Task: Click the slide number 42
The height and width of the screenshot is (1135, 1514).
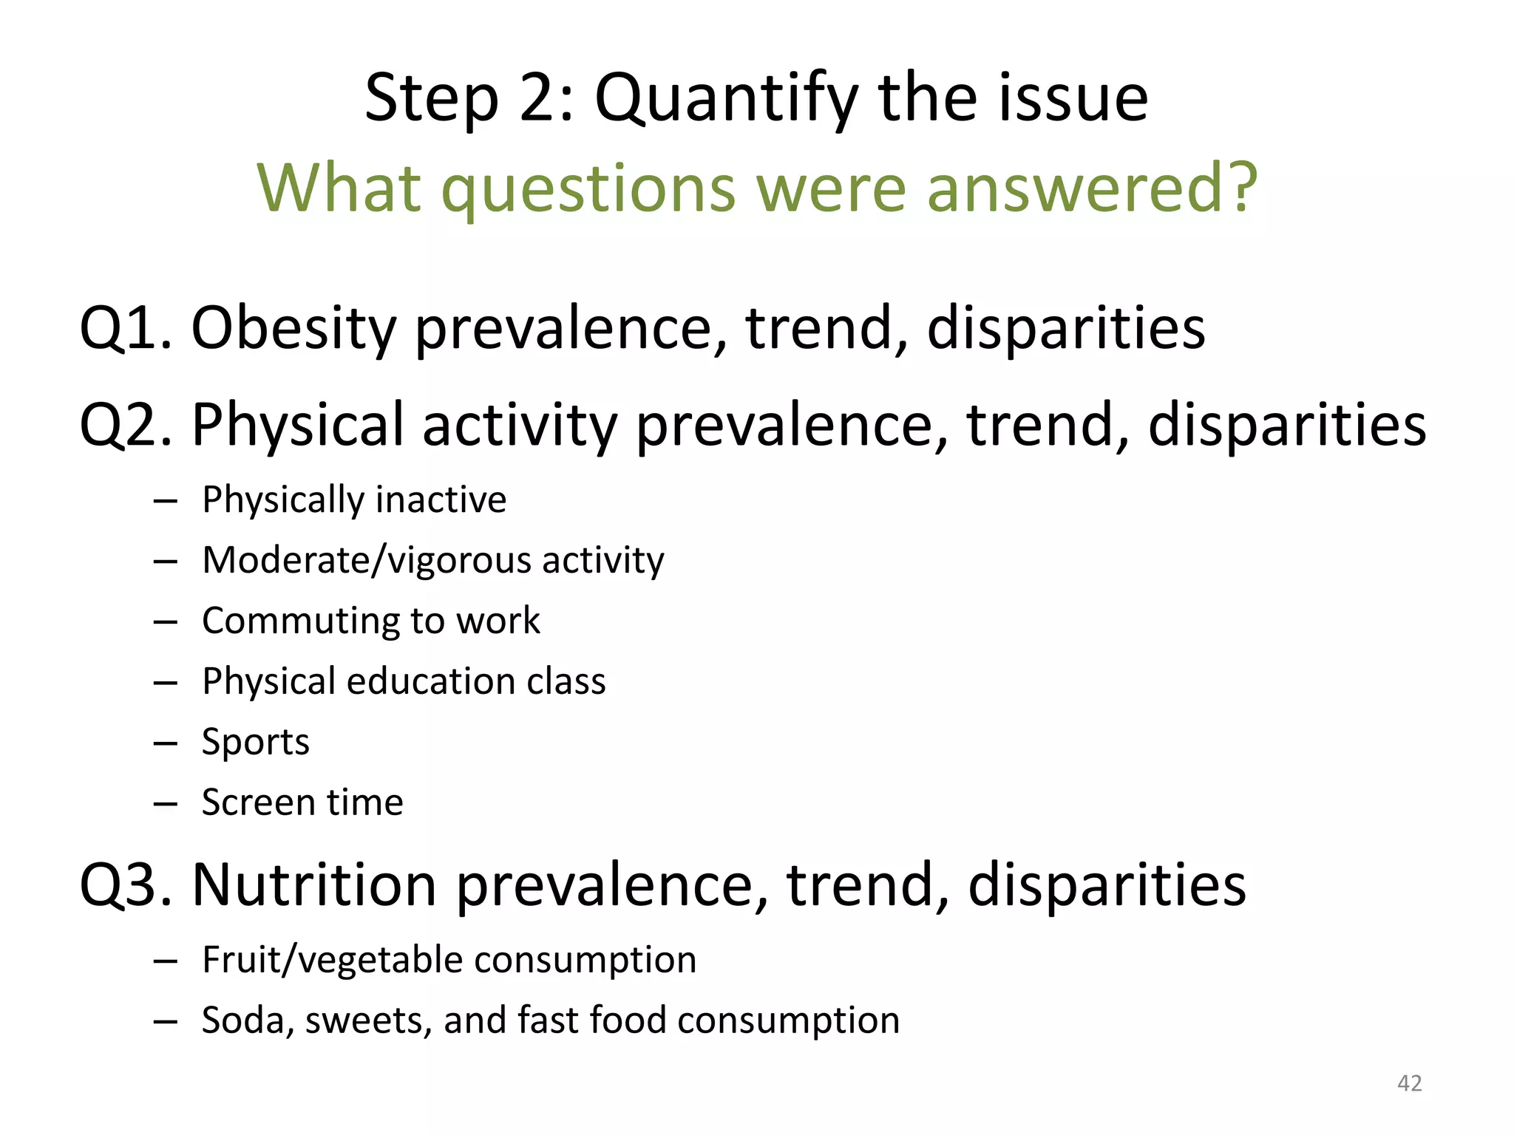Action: click(x=1409, y=1083)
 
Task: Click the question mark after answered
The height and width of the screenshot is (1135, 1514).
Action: click(x=1238, y=188)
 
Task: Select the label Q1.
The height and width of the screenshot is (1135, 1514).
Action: click(x=125, y=328)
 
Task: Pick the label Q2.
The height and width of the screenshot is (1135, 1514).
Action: click(x=125, y=425)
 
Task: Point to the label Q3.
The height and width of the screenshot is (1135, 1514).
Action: click(x=125, y=885)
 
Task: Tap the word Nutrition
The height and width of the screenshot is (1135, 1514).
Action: click(x=313, y=885)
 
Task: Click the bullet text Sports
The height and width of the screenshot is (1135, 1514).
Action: click(x=255, y=741)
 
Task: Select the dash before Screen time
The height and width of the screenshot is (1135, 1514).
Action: click(x=166, y=803)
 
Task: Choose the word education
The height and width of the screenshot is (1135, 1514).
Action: click(x=430, y=681)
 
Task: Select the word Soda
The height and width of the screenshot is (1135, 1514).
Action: click(x=242, y=1020)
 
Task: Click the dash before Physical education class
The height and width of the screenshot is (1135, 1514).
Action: click(x=166, y=682)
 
